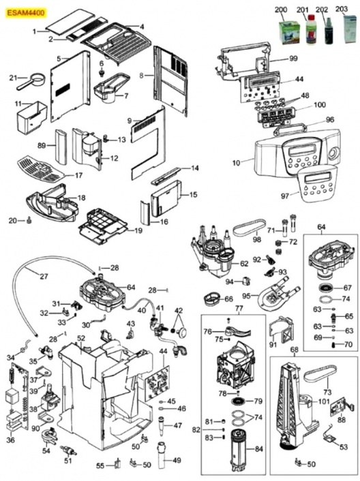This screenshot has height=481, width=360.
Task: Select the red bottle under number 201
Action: pos(310,30)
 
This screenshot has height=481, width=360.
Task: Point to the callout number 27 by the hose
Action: pos(44,277)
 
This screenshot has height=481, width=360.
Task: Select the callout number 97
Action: pos(286,196)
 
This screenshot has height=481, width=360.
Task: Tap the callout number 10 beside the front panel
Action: pos(236,164)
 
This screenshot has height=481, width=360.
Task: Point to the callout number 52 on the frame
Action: pos(80,338)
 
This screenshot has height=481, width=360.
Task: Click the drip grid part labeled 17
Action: pos(37,167)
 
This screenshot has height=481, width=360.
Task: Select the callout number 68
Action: pos(295,350)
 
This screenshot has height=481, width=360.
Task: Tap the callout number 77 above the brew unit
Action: pos(239,309)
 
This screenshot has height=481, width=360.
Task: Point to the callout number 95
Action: pos(245,295)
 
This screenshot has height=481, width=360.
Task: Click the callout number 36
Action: pos(10,440)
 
